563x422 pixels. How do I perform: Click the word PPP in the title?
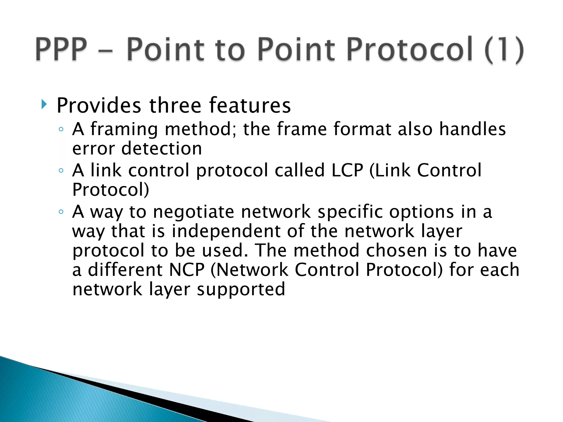[x=61, y=49]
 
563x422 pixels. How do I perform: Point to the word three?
[x=175, y=105]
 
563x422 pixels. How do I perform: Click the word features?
[x=249, y=105]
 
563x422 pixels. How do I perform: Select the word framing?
[x=124, y=129]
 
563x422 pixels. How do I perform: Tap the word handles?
[x=472, y=129]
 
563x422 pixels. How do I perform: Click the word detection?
[x=161, y=148]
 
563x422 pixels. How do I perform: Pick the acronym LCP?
[x=347, y=170]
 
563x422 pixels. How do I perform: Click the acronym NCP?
[x=187, y=270]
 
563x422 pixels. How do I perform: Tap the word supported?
[x=241, y=290]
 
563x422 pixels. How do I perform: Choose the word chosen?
[x=396, y=250]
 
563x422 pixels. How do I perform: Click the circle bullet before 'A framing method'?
[x=61, y=129]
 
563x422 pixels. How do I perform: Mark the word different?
[x=125, y=270]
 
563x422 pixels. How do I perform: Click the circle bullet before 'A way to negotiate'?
[x=61, y=212]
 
